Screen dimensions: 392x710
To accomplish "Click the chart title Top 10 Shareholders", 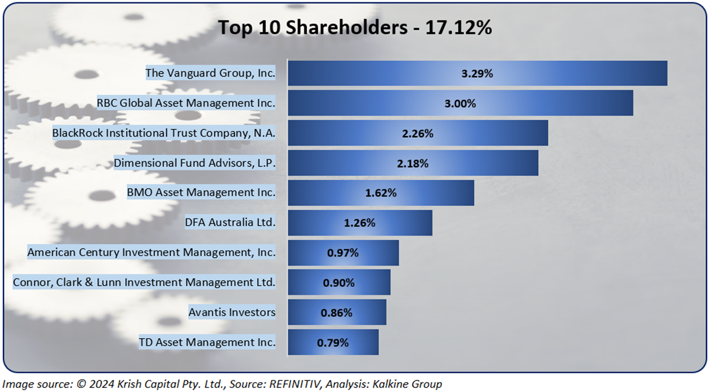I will coord(355,27).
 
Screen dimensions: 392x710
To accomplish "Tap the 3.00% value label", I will coord(460,103).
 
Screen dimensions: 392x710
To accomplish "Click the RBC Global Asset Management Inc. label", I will coord(186,103).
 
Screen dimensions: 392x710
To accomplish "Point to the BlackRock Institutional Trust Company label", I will coord(164,133).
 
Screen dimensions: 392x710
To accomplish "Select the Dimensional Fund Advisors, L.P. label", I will coord(194,163).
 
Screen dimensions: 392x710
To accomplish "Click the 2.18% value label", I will coord(413,164).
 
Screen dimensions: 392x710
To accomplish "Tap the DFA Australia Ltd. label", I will coord(230,223).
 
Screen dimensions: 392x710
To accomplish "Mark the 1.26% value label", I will coord(359,223).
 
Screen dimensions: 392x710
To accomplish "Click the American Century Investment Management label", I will coord(151,253).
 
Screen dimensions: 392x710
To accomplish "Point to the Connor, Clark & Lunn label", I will coord(144,283).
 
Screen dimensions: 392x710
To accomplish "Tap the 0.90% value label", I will coord(339,283).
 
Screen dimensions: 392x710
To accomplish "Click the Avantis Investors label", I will coord(231,313).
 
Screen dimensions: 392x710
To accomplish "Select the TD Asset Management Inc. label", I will coord(207,342).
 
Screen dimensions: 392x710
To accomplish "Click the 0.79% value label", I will coord(333,343).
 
